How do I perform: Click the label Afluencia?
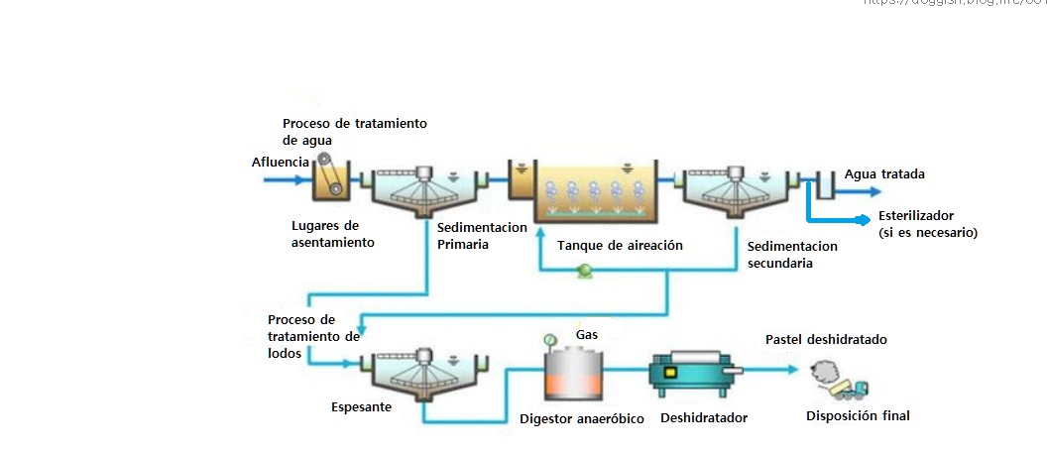[279, 161]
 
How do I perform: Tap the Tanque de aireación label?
[620, 245]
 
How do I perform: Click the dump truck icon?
[852, 389]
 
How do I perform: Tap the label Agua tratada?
[884, 174]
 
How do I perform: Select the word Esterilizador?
[915, 215]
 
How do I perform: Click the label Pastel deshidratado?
[826, 339]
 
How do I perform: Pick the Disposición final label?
[858, 416]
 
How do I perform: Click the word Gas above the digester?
[586, 335]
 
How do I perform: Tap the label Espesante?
[361, 407]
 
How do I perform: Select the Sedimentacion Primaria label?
[482, 236]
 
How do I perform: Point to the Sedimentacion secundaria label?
[791, 255]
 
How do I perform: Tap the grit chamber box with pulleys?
[331, 180]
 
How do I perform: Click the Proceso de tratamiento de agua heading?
[354, 132]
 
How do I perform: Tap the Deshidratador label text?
[703, 418]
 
